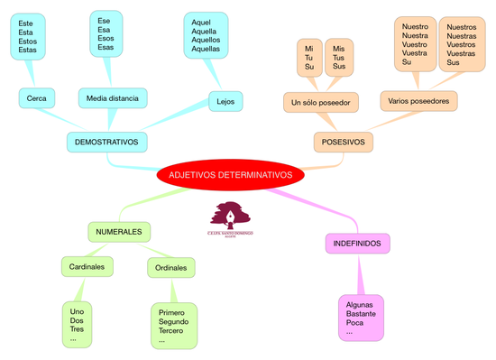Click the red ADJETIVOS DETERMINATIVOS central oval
tap(231, 175)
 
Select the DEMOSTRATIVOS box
tap(106, 143)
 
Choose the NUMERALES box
tap(119, 232)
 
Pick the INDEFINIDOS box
tap(356, 244)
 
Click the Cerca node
tap(37, 97)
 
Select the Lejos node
tap(225, 101)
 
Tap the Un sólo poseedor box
tap(320, 101)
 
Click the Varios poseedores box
tap(418, 99)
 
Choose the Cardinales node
tap(87, 267)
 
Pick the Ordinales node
tap(171, 268)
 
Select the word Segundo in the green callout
tap(173, 322)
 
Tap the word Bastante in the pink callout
tap(361, 313)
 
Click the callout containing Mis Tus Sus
tap(338, 57)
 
